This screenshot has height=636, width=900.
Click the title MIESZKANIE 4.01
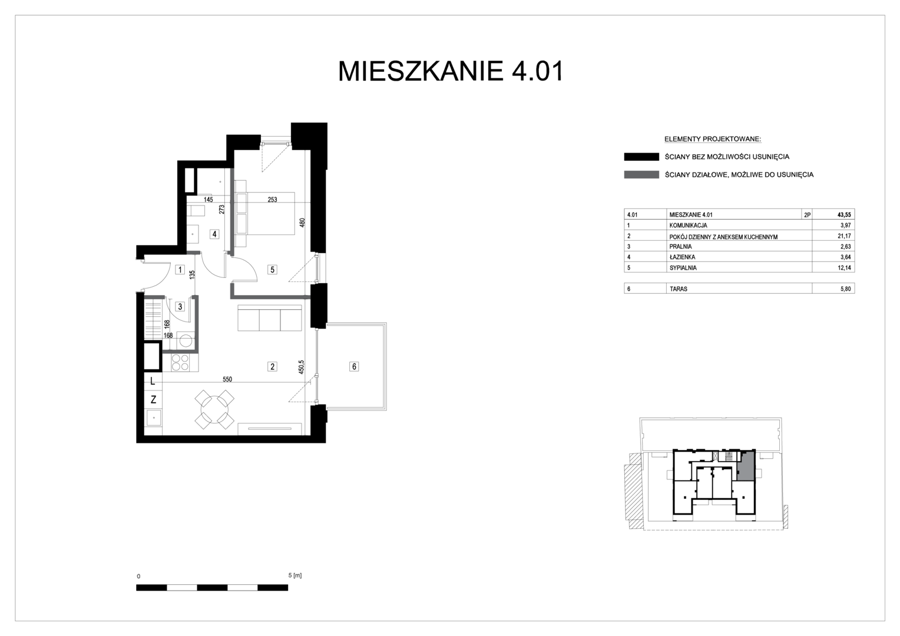pyautogui.click(x=451, y=71)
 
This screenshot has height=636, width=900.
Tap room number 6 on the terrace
pyautogui.click(x=354, y=366)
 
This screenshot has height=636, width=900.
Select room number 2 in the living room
pyautogui.click(x=272, y=366)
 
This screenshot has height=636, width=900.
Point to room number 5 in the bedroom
pyautogui.click(x=272, y=270)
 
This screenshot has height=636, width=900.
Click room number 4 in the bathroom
pyautogui.click(x=214, y=234)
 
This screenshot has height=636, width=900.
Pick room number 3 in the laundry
pyautogui.click(x=180, y=307)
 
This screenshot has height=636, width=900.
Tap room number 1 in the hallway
pyautogui.click(x=180, y=270)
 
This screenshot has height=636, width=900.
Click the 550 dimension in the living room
pyautogui.click(x=227, y=379)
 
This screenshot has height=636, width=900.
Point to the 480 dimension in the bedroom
pyautogui.click(x=302, y=223)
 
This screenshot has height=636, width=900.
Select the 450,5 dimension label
pyautogui.click(x=302, y=367)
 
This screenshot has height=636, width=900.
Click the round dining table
pyautogui.click(x=214, y=409)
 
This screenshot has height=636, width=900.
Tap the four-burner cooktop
pyautogui.click(x=180, y=362)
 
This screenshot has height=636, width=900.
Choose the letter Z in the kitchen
pyautogui.click(x=153, y=399)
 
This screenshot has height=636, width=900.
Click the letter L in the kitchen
pyautogui.click(x=153, y=381)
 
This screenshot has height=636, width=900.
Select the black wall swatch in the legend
pyautogui.click(x=641, y=157)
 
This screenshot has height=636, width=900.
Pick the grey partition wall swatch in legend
pyautogui.click(x=641, y=175)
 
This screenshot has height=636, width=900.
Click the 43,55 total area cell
pyautogui.click(x=844, y=215)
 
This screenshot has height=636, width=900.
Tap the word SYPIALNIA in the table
pyautogui.click(x=683, y=267)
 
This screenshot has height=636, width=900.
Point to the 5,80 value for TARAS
pyautogui.click(x=845, y=289)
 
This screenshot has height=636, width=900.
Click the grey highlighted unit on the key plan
pyautogui.click(x=745, y=466)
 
